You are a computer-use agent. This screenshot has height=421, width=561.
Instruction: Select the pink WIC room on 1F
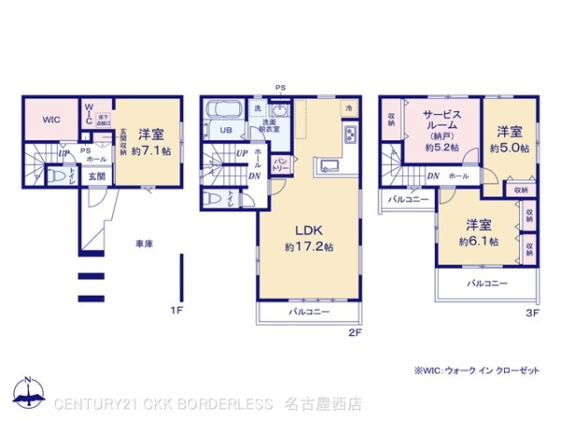click(51, 120)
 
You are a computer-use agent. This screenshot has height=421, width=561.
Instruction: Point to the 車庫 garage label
click(144, 244)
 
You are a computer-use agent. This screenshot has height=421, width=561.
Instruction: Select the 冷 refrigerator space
click(349, 108)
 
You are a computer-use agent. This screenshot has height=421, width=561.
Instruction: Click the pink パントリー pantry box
click(280, 167)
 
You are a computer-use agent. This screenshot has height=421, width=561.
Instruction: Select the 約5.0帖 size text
click(512, 148)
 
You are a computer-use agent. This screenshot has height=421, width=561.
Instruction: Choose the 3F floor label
click(531, 313)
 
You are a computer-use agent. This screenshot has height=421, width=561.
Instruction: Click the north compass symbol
click(29, 391)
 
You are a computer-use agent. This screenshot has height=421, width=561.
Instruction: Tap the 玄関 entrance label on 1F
click(97, 176)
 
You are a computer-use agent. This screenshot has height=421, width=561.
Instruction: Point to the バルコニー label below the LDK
click(309, 311)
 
